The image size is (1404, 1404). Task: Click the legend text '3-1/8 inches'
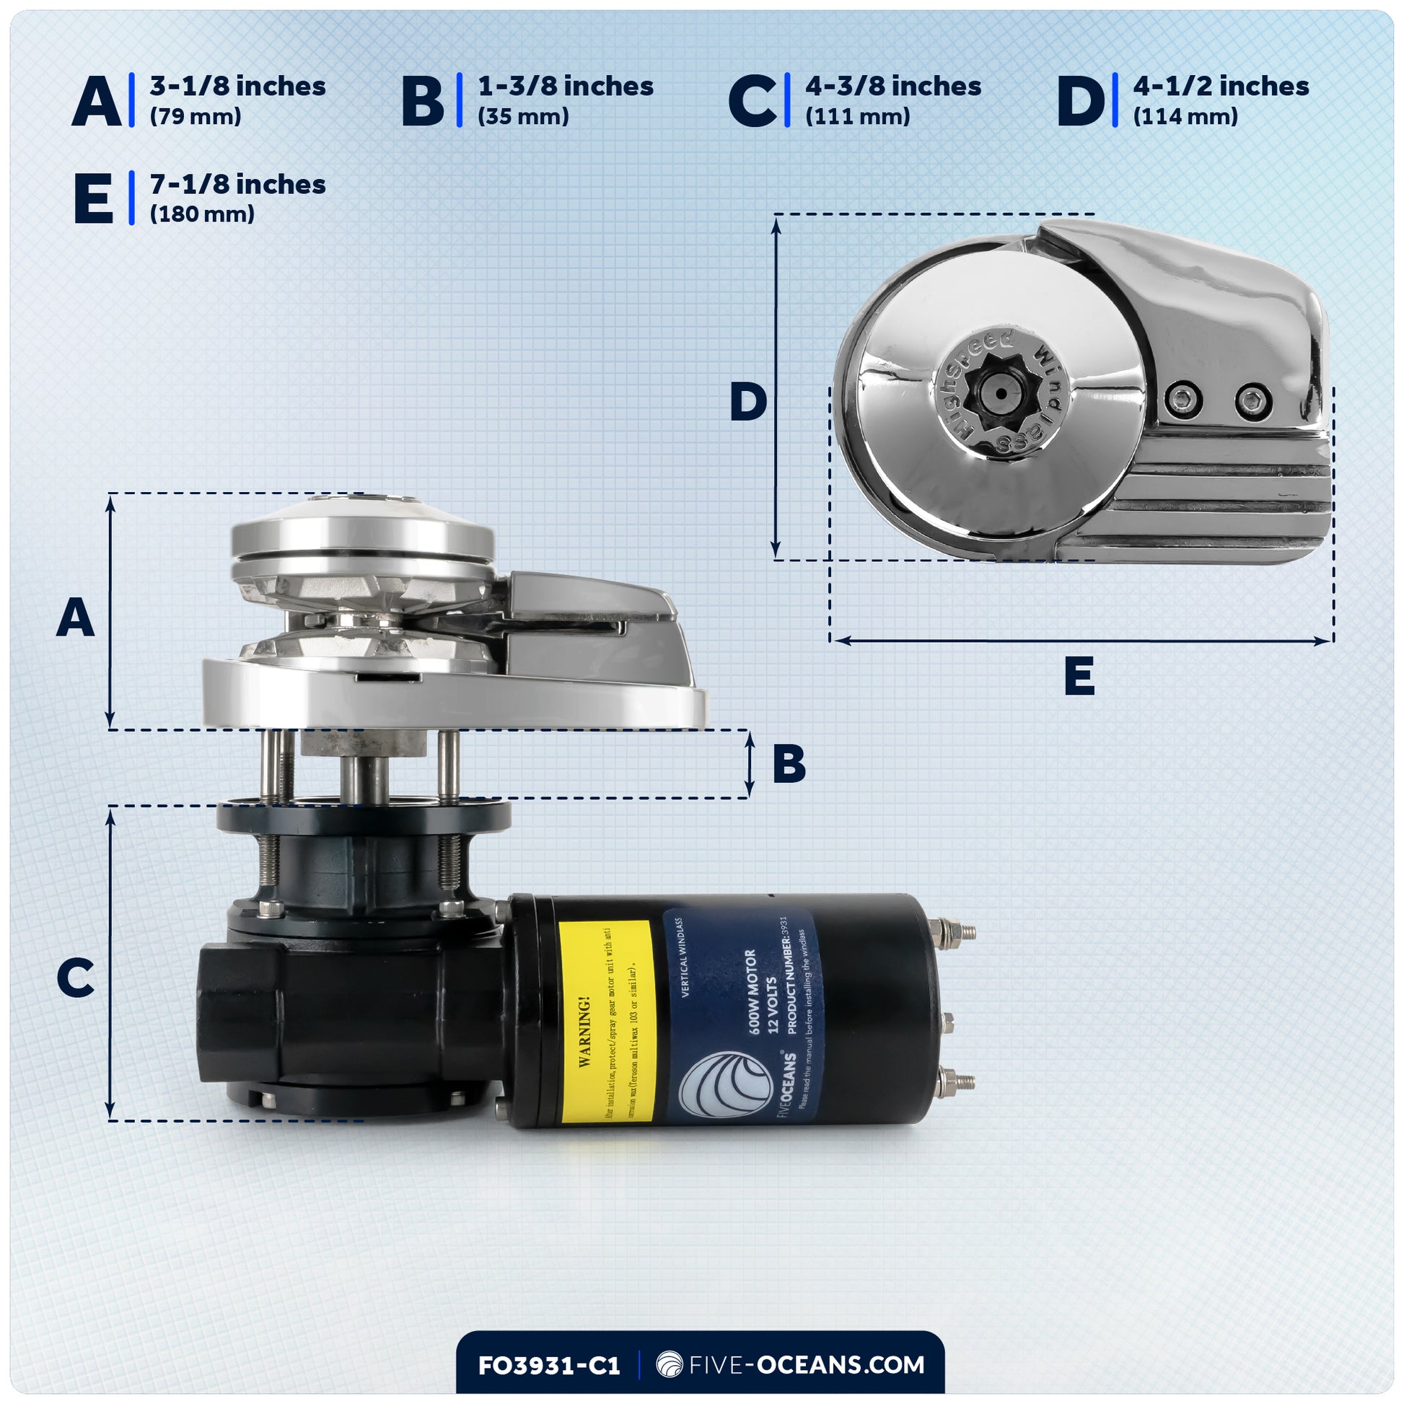coord(237,87)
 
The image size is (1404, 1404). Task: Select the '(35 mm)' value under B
coord(522,117)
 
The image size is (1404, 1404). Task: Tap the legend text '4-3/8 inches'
coord(892,87)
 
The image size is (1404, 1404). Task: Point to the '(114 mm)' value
coord(1185,117)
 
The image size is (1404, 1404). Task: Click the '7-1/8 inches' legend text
coord(237,185)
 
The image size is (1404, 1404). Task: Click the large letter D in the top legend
coord(1080,102)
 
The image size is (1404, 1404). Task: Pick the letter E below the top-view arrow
coord(1079,676)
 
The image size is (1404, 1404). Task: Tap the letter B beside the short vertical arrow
coord(789,765)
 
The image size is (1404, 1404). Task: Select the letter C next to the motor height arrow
coord(76,978)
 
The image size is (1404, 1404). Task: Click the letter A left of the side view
coord(76,618)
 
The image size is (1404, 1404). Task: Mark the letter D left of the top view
coord(747,403)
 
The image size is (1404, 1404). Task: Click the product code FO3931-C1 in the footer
coord(548,1365)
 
